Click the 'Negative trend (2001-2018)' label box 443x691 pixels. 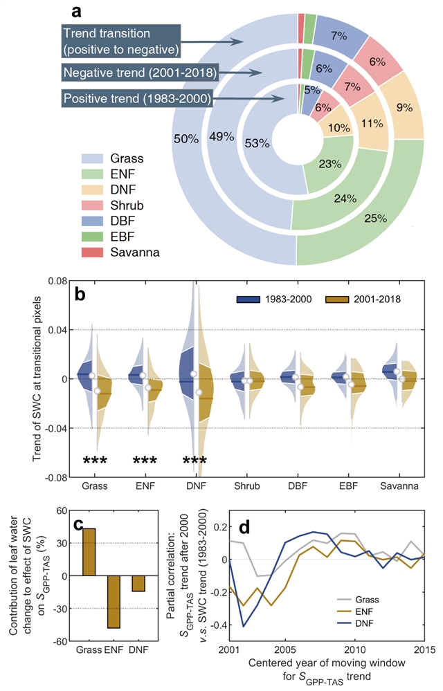click(x=140, y=72)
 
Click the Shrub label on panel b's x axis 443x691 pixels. click(x=245, y=487)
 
